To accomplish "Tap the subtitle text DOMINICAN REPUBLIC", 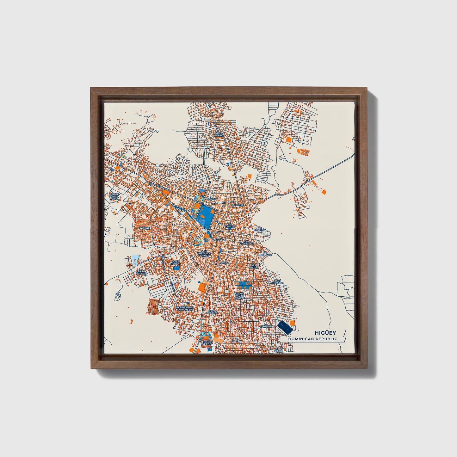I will pyautogui.click(x=312, y=339).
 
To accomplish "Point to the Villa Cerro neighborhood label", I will pyautogui.click(x=219, y=134).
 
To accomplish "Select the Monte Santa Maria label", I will pyautogui.click(x=114, y=196).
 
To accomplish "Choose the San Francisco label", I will pyautogui.click(x=246, y=243).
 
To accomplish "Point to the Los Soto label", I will pyautogui.click(x=254, y=266).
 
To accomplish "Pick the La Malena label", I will pyautogui.click(x=236, y=340).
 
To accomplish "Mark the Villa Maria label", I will pyautogui.click(x=278, y=350).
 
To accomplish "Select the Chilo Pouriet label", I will pyautogui.click(x=212, y=312).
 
